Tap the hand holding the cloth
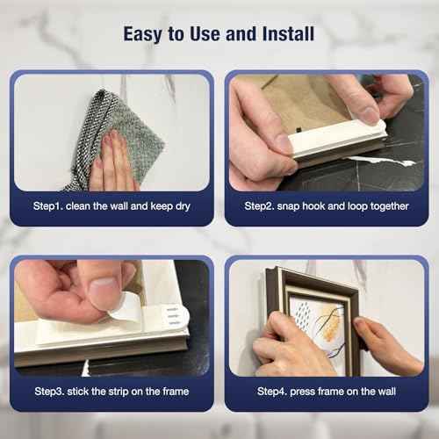[x=112, y=162]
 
